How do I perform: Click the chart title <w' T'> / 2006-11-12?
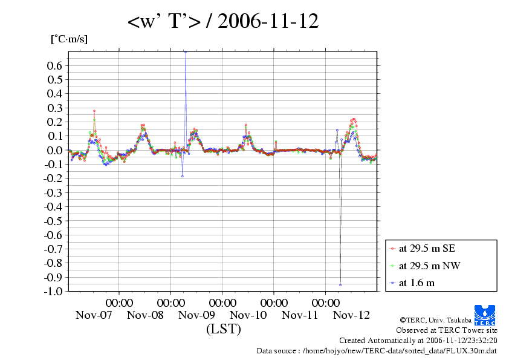point(223,22)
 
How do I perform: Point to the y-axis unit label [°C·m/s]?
point(69,39)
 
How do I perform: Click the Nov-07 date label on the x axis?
point(94,315)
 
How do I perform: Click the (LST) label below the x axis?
point(224,329)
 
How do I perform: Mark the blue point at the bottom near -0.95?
point(340,285)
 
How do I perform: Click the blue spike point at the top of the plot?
point(186,52)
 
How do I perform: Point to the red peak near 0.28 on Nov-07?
point(94,111)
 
